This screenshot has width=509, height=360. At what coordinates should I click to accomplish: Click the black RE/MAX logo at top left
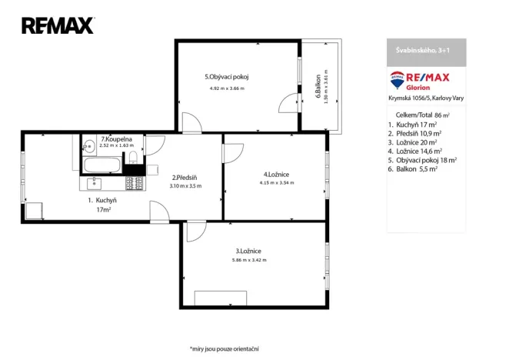(x=58, y=25)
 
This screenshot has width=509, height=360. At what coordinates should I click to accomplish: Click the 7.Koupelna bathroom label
(x=117, y=139)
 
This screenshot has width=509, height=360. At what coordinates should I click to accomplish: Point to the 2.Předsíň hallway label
(x=185, y=177)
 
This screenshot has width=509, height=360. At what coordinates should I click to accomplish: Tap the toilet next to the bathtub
(x=133, y=158)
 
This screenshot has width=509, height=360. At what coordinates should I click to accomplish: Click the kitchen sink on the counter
(x=95, y=183)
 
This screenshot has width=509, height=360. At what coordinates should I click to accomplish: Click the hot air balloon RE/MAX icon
(x=398, y=78)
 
